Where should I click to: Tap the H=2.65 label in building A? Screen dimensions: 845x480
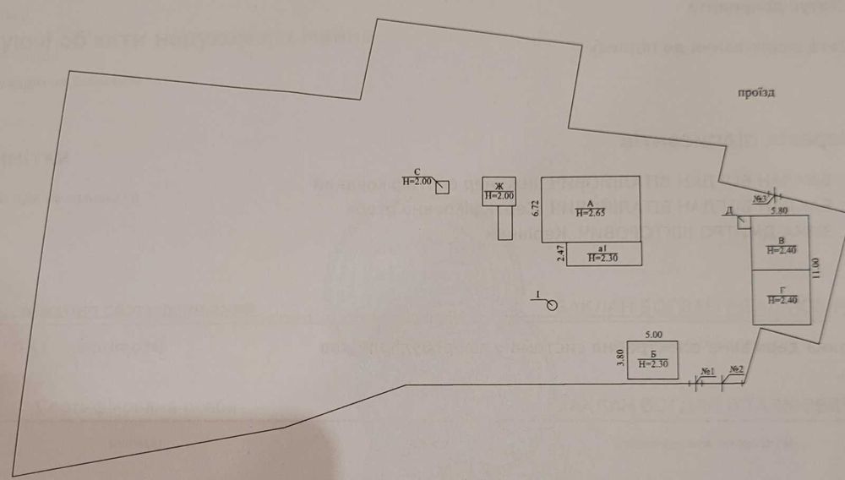[x=591, y=212]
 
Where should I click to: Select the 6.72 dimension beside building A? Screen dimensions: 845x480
[x=534, y=210]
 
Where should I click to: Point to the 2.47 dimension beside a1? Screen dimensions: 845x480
[x=560, y=254]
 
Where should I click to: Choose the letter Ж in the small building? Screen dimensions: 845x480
[x=499, y=187]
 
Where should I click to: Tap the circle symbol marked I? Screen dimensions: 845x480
[x=552, y=304]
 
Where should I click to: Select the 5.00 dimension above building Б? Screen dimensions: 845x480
[x=654, y=335]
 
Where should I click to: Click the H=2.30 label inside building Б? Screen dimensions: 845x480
[x=654, y=364]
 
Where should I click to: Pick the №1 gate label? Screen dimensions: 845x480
[x=708, y=372]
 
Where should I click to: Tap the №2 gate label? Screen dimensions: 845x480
[x=736, y=369]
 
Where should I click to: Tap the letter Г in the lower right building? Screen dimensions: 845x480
[x=782, y=291]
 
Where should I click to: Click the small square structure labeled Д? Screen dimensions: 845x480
[x=744, y=222]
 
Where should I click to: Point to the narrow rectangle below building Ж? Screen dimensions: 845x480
[x=504, y=223]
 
